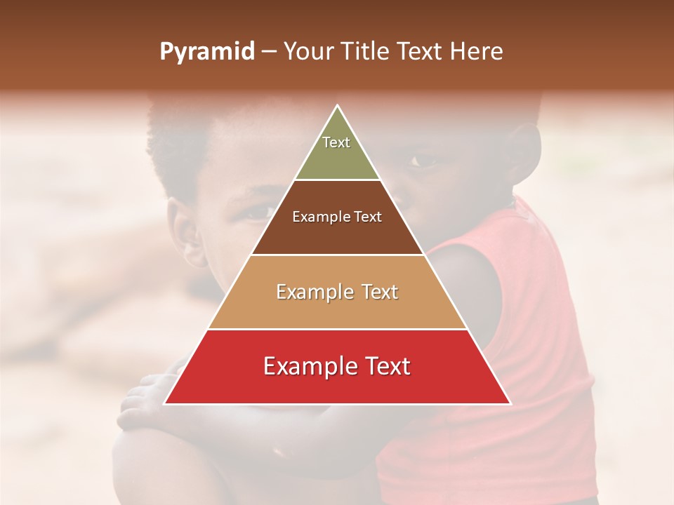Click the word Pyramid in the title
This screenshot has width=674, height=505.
[206, 52]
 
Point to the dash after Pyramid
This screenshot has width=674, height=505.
[268, 52]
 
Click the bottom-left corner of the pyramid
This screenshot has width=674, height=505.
[165, 403]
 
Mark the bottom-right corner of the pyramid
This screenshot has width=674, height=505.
[510, 403]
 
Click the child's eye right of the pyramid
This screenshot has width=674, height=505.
[423, 161]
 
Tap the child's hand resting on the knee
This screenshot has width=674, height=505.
[144, 400]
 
